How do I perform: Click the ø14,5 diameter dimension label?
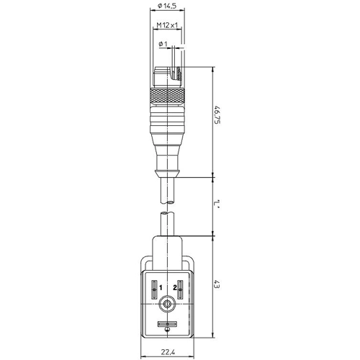click(x=167, y=5)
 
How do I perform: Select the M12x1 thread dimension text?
click(x=167, y=24)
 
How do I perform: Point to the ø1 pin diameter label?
click(x=163, y=44)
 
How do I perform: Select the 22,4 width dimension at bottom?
click(x=168, y=352)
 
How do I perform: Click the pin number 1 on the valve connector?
click(x=161, y=287)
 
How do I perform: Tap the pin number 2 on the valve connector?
click(x=175, y=287)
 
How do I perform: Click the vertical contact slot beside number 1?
click(x=154, y=289)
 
